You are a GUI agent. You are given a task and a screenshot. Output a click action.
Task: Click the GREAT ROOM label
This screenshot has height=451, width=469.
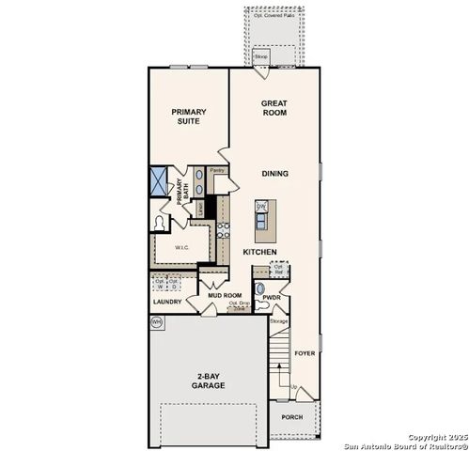pos(274,108)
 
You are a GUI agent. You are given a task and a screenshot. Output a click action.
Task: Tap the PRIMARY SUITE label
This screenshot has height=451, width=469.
pos(188,116)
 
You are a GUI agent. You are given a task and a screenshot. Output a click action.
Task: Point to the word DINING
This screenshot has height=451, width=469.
pos(275,173)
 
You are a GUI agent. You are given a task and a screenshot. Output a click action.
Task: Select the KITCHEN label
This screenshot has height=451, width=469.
pos(258,252)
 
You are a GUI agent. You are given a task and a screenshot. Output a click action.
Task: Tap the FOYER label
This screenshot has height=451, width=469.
pos(305,353)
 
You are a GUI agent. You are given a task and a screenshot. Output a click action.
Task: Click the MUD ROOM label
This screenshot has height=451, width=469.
pos(227,295)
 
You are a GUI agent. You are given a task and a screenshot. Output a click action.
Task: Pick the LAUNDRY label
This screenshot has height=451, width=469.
pos(166,303)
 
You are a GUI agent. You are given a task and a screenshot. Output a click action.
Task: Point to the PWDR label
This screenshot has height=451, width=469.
pos(274,298)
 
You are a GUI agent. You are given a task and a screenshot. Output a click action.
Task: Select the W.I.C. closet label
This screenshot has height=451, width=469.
pos(182,248)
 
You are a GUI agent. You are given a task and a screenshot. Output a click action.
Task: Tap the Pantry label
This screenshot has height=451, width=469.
pos(216,170)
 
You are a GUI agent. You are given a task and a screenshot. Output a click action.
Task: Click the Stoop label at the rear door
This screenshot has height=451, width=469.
pos(260,55)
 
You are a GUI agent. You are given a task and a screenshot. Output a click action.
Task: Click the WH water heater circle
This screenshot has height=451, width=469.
pos(156,321)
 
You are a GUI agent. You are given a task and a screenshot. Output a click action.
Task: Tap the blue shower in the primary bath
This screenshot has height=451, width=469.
pos(159,179)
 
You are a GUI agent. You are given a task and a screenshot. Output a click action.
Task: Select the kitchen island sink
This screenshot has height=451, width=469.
pos(262,207)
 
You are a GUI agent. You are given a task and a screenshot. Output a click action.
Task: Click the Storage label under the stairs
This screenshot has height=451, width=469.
pos(278,321)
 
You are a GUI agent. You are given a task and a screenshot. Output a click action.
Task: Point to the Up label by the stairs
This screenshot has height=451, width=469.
pos(293,387)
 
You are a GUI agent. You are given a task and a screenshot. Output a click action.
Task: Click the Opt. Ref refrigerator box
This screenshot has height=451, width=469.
pos(278,268)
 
